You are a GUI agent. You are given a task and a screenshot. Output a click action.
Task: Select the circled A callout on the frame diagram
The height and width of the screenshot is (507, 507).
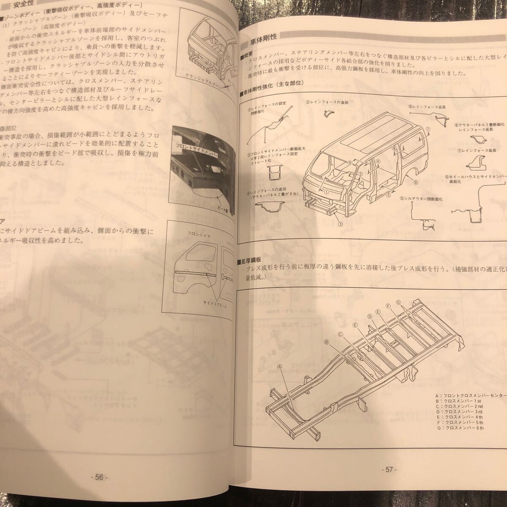pyautogui.click(x=280, y=367)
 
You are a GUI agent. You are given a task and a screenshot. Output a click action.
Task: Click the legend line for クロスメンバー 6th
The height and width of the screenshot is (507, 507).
pyautogui.click(x=462, y=428)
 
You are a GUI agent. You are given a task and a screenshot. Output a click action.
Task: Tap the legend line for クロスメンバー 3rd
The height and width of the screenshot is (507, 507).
pyautogui.click(x=462, y=412)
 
